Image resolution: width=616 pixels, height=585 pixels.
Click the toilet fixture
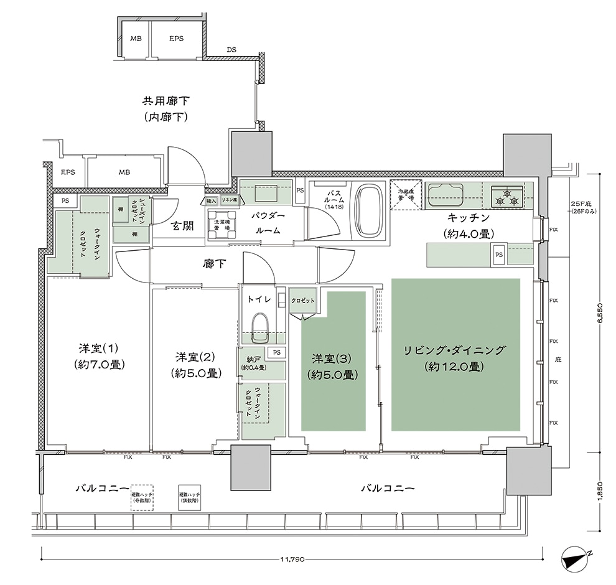pos(259,326)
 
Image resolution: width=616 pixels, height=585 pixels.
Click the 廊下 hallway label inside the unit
pos(214,264)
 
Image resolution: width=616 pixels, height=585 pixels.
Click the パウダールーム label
pos(268,223)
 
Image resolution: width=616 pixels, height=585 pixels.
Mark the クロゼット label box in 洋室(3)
pos(304,301)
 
